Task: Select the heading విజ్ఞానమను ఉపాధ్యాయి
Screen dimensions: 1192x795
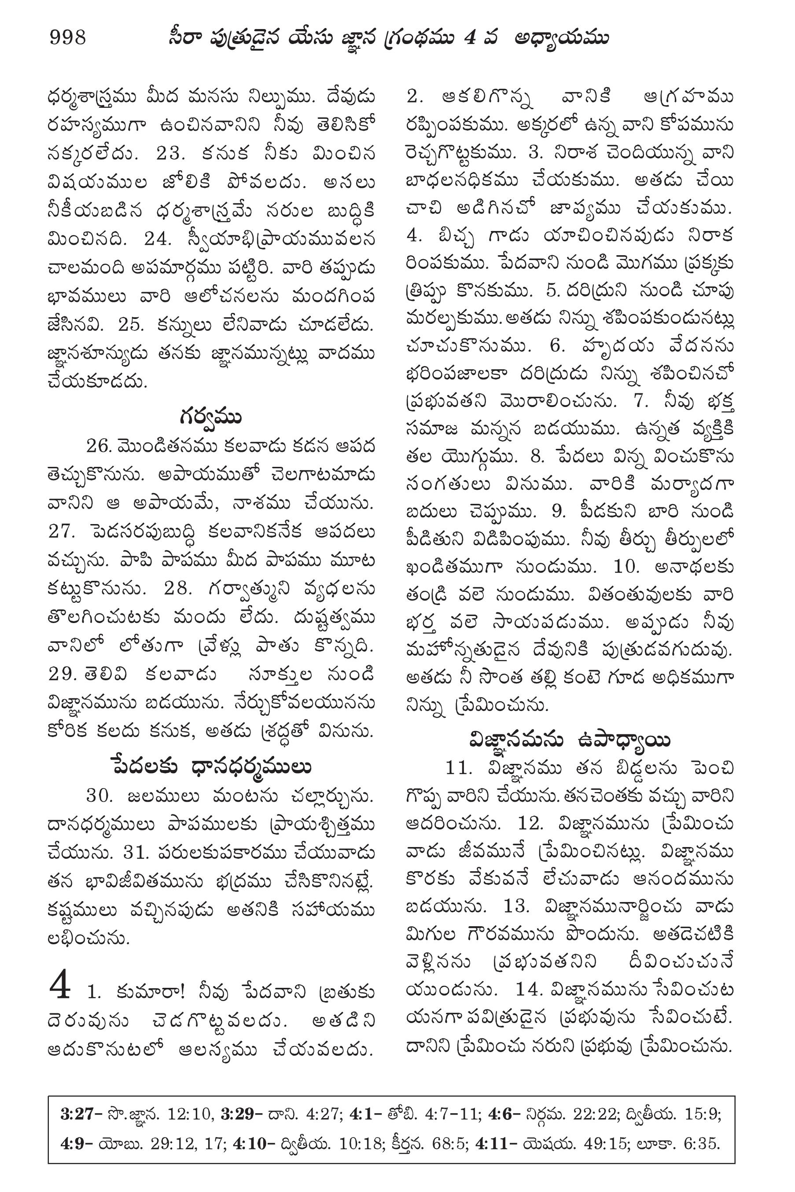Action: click(570, 741)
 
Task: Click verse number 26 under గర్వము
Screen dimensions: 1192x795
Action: click(98, 446)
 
